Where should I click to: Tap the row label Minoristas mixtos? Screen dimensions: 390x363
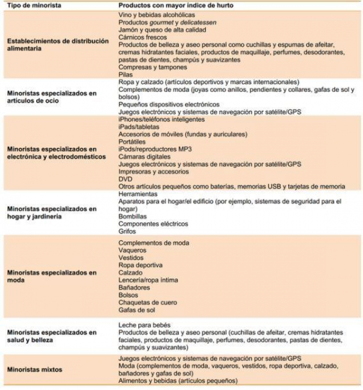[x=34, y=369]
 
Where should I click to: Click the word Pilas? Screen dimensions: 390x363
[x=126, y=74]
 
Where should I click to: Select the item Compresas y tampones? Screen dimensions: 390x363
[x=153, y=67]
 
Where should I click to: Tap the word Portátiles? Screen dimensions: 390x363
[x=132, y=142]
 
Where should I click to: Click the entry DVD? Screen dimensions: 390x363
[x=125, y=179]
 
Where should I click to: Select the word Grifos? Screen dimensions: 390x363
[x=127, y=231]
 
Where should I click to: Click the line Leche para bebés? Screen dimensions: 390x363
[x=144, y=325]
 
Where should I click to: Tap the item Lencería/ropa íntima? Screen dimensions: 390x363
[x=148, y=280]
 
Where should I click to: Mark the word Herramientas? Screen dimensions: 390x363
[x=138, y=194]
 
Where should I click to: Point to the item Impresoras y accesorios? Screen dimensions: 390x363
[x=154, y=172]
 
